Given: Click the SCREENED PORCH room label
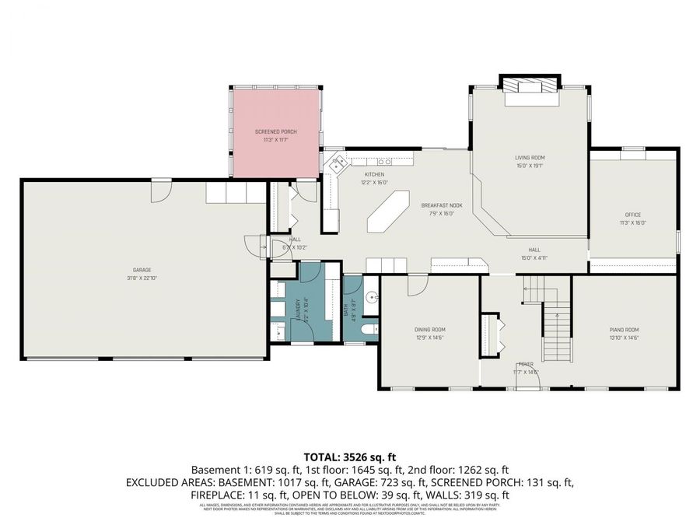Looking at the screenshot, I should click(276, 131).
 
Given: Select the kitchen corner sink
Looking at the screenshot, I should click(337, 164).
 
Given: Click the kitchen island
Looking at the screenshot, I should click(387, 213).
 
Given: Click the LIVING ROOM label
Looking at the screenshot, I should click(530, 158).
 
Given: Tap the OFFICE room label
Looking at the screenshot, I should click(632, 214).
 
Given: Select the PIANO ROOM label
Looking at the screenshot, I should click(624, 329).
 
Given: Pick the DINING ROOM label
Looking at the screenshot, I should click(429, 329).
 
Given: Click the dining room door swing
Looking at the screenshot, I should click(417, 285).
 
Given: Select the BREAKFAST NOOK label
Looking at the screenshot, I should click(442, 205).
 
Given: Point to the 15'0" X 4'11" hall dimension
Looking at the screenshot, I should click(535, 257).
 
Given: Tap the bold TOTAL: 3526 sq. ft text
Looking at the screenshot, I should click(349, 457).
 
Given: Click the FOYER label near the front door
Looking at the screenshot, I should click(526, 363).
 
